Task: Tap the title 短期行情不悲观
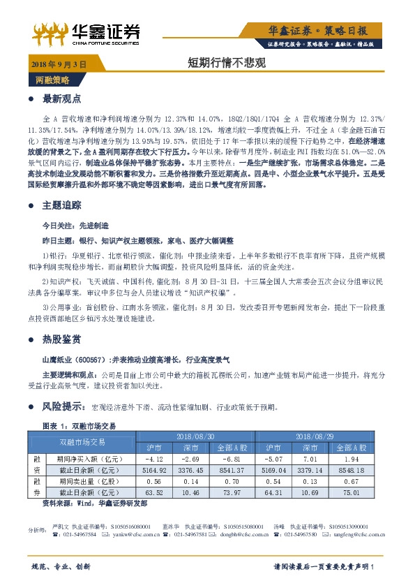[x=218, y=62]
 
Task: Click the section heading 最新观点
[x=62, y=98]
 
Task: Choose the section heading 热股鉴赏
[x=62, y=339]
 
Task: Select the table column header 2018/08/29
[x=318, y=435]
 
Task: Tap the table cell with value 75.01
[x=351, y=493]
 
